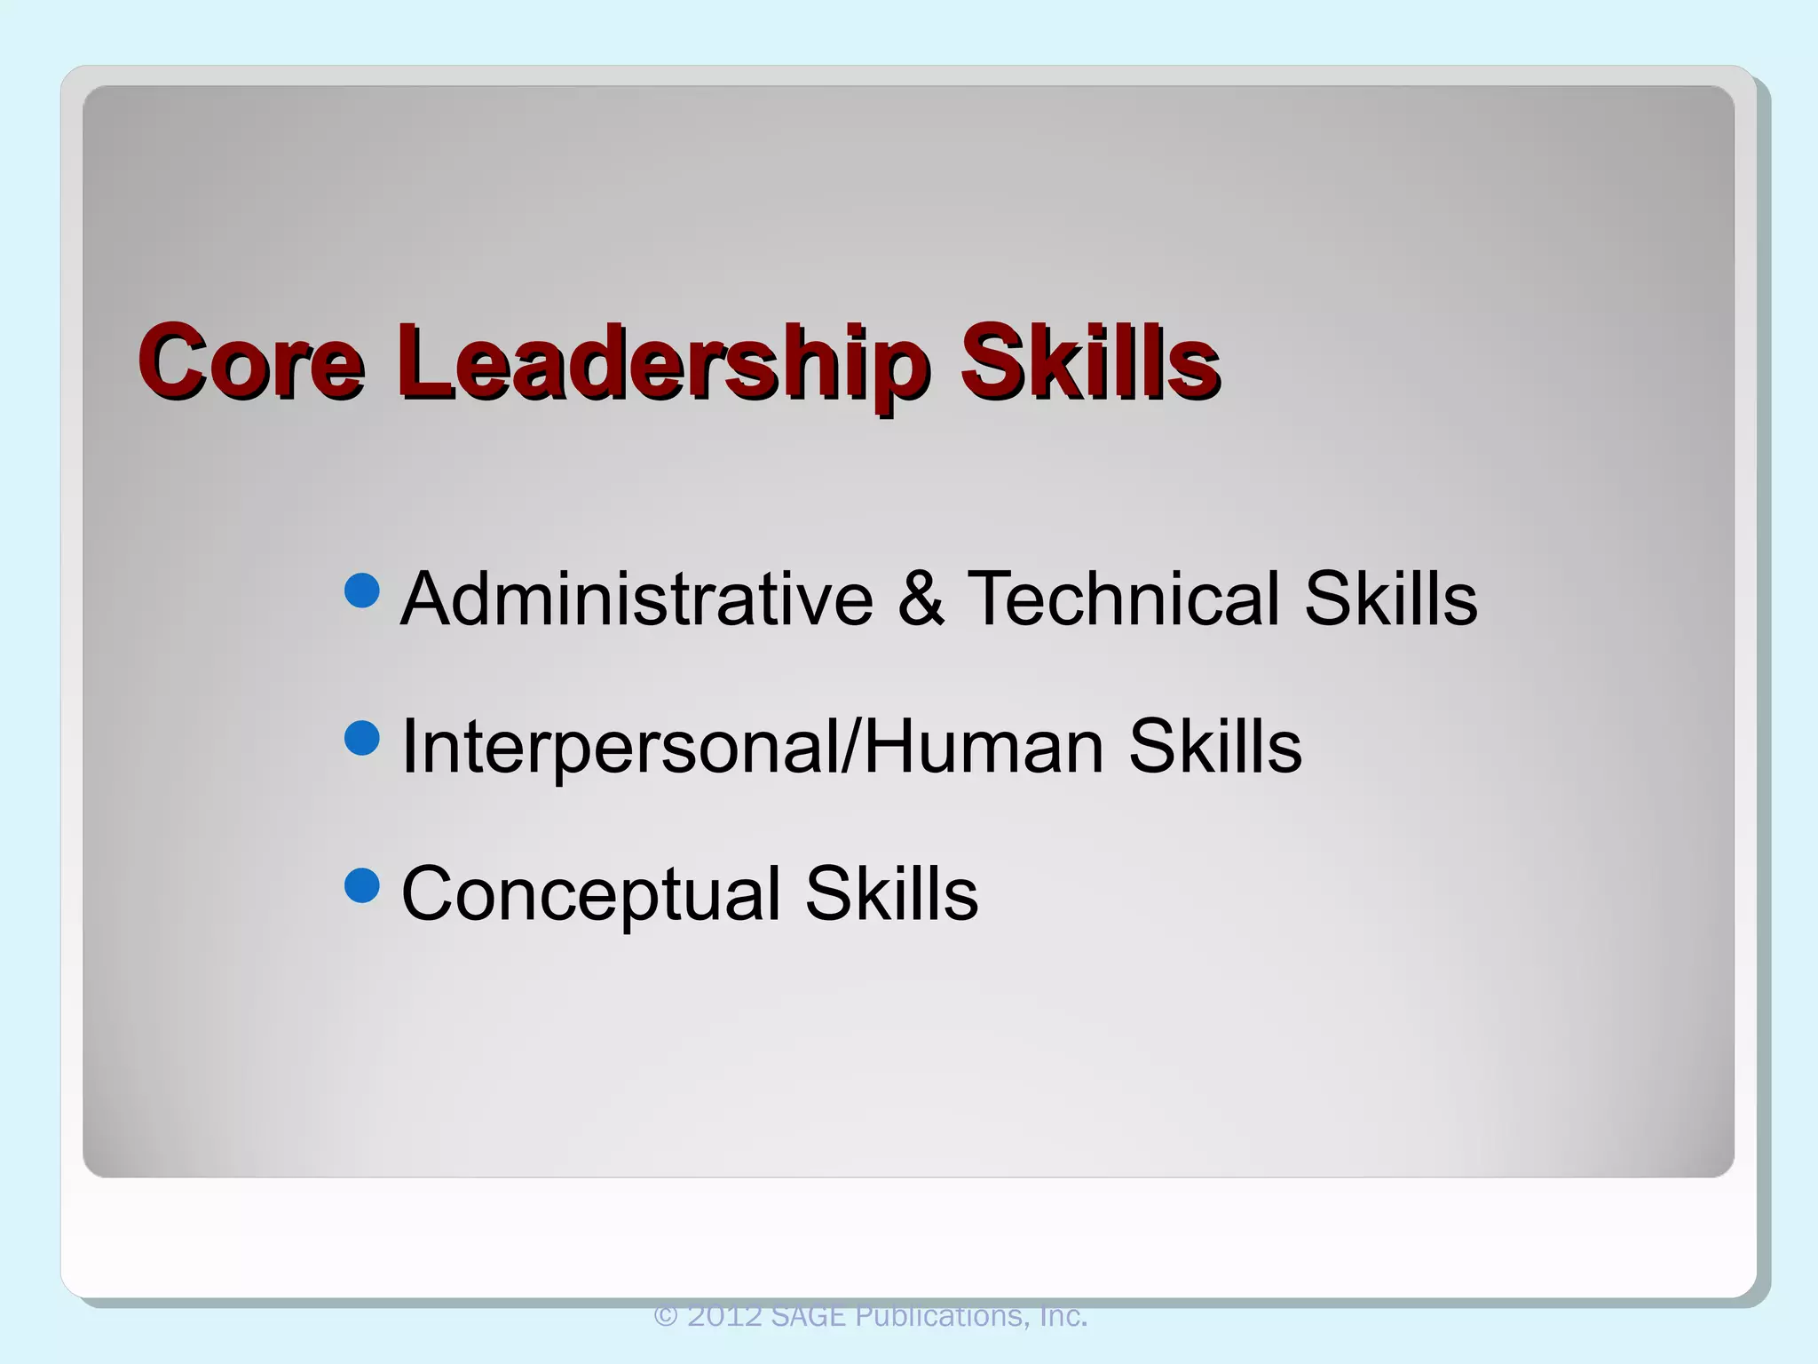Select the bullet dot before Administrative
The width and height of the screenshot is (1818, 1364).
[361, 591]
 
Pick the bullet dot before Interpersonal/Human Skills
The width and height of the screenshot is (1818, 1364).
[361, 738]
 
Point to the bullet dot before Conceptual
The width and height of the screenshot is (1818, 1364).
[361, 885]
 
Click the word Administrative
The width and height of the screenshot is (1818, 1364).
[636, 599]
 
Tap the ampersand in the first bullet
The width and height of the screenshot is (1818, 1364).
[921, 599]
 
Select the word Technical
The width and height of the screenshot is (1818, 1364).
[1124, 599]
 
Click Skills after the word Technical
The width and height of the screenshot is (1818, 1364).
[1390, 599]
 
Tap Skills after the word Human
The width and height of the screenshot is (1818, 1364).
[1214, 746]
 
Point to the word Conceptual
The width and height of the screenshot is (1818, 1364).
[591, 893]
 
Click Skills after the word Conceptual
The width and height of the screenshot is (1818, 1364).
[891, 893]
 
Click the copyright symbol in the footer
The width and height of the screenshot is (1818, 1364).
[666, 1316]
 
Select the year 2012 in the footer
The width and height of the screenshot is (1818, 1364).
[724, 1316]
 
